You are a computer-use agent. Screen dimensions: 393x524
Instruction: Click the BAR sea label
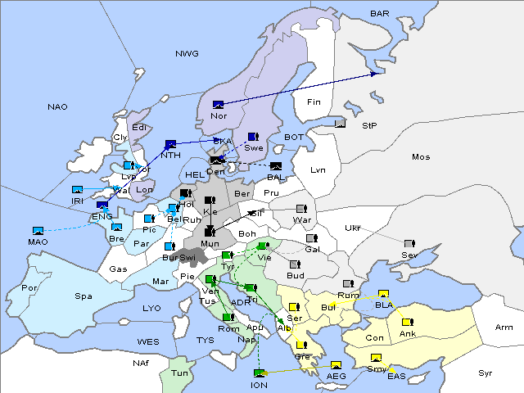tap(380, 14)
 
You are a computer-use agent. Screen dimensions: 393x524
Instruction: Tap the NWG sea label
tap(187, 54)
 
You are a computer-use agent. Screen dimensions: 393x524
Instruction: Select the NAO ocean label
tap(57, 107)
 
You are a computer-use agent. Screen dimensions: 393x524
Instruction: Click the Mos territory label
tap(421, 156)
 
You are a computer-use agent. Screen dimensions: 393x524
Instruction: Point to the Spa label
tap(83, 296)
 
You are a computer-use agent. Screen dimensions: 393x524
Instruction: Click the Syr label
tap(486, 373)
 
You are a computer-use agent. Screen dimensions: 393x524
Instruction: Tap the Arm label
tap(504, 327)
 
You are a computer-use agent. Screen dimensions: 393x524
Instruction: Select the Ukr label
tap(353, 228)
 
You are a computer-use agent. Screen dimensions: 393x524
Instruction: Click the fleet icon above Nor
tap(218, 104)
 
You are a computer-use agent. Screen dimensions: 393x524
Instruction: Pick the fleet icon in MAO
tap(38, 231)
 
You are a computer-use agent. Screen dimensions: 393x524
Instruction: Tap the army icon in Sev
tap(409, 244)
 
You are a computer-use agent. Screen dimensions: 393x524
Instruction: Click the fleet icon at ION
tap(259, 373)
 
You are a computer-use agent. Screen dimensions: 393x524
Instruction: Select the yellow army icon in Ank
tap(406, 322)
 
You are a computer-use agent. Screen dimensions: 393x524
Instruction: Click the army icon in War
tap(300, 209)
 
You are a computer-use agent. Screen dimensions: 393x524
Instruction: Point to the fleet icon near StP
tap(341, 124)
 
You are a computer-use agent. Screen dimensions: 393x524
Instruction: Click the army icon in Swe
tap(253, 137)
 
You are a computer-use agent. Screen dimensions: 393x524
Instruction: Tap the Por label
tap(29, 288)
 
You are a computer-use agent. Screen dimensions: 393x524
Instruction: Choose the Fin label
tap(313, 102)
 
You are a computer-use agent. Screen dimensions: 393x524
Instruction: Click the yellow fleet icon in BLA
tap(383, 294)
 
